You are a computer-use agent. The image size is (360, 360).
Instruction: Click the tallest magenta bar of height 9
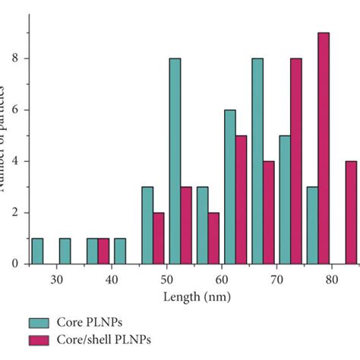click(x=324, y=149)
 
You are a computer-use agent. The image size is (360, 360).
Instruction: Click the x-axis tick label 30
click(x=56, y=279)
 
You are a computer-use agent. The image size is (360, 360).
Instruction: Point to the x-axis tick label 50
click(x=166, y=279)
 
